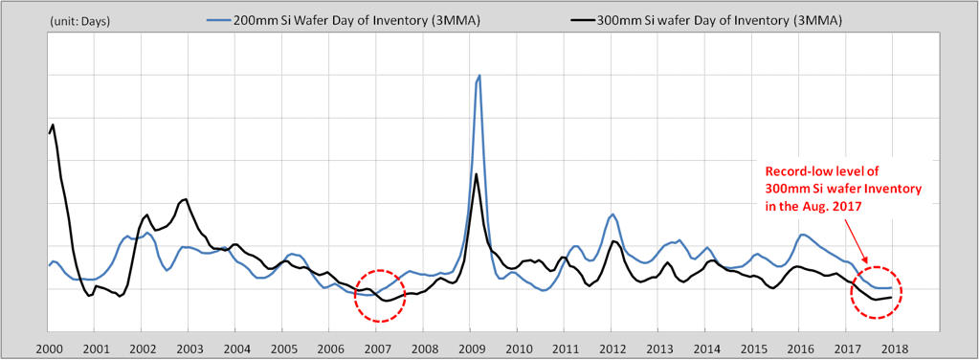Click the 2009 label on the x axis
point(471,348)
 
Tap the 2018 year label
point(893,348)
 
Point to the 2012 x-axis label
point(612,348)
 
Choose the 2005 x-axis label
point(282,348)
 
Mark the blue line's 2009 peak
point(479,75)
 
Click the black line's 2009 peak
point(477,173)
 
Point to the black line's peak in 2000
point(53,124)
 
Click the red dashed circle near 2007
point(380,295)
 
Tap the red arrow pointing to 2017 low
point(857,239)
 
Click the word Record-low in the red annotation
point(797,172)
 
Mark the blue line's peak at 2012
point(612,214)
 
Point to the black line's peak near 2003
point(186,199)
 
